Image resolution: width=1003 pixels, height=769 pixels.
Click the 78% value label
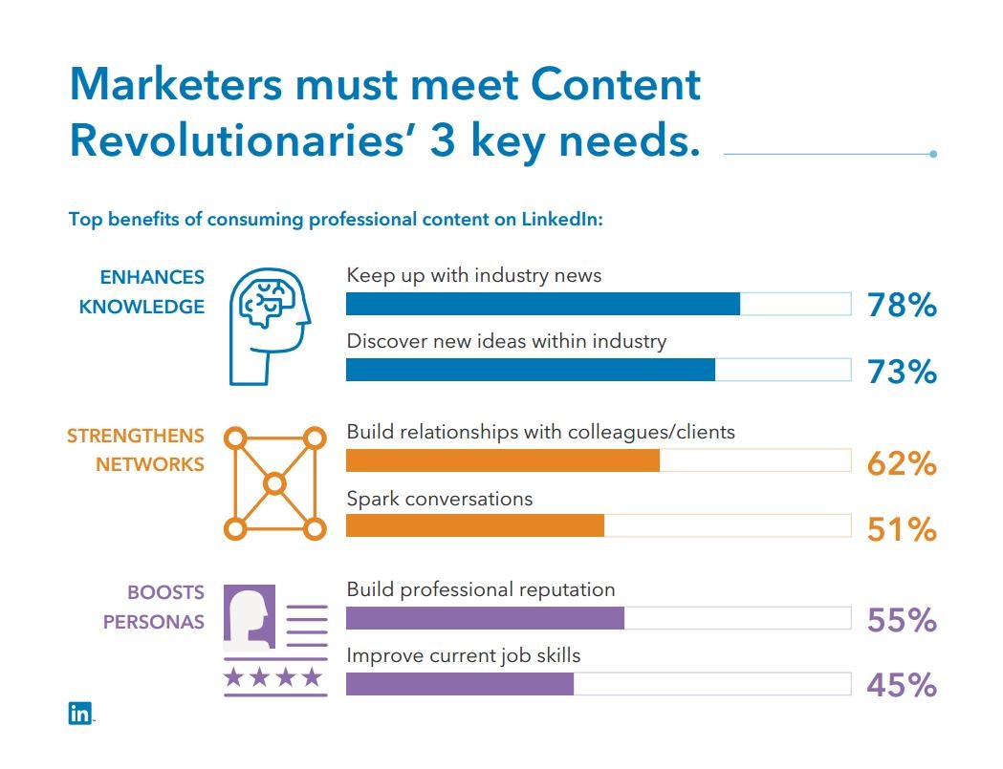click(901, 306)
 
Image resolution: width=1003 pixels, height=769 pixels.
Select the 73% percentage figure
click(901, 371)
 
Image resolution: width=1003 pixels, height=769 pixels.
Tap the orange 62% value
click(901, 464)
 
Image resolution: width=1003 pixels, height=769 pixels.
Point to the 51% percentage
click(901, 528)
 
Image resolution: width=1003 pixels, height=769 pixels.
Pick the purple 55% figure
click(901, 621)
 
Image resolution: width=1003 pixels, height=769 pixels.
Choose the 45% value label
click(901, 685)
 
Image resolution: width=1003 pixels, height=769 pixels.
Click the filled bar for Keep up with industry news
click(542, 304)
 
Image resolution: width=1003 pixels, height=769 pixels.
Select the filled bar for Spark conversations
click(474, 525)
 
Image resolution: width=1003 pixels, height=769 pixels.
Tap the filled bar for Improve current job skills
click(459, 684)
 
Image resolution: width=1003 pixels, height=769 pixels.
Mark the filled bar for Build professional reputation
click(485, 618)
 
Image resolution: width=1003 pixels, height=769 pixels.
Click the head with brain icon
click(271, 325)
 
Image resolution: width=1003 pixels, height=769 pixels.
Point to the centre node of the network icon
click(275, 483)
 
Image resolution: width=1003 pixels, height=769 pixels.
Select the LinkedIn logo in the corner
click(80, 713)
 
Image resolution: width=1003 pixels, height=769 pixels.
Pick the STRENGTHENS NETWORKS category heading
click(136, 450)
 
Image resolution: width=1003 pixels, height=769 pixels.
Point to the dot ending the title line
click(933, 154)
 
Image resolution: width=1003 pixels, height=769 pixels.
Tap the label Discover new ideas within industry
click(506, 341)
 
